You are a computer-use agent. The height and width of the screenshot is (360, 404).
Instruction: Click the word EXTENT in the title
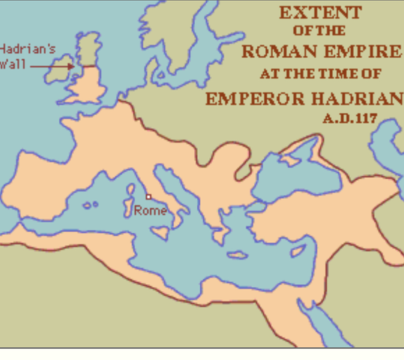tap(320, 13)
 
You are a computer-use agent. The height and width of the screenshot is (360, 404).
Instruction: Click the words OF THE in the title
tap(319, 31)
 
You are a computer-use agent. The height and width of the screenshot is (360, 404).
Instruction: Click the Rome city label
tap(150, 211)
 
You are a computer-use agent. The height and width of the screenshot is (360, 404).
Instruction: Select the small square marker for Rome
tap(148, 197)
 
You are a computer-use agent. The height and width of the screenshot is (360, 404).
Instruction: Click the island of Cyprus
tap(298, 251)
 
